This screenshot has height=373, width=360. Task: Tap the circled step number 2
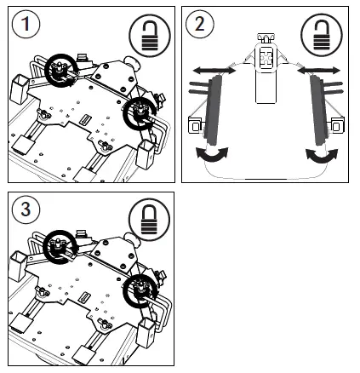(200, 22)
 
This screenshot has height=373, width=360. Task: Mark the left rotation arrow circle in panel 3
(60, 253)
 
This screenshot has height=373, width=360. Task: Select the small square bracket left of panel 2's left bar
(196, 127)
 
